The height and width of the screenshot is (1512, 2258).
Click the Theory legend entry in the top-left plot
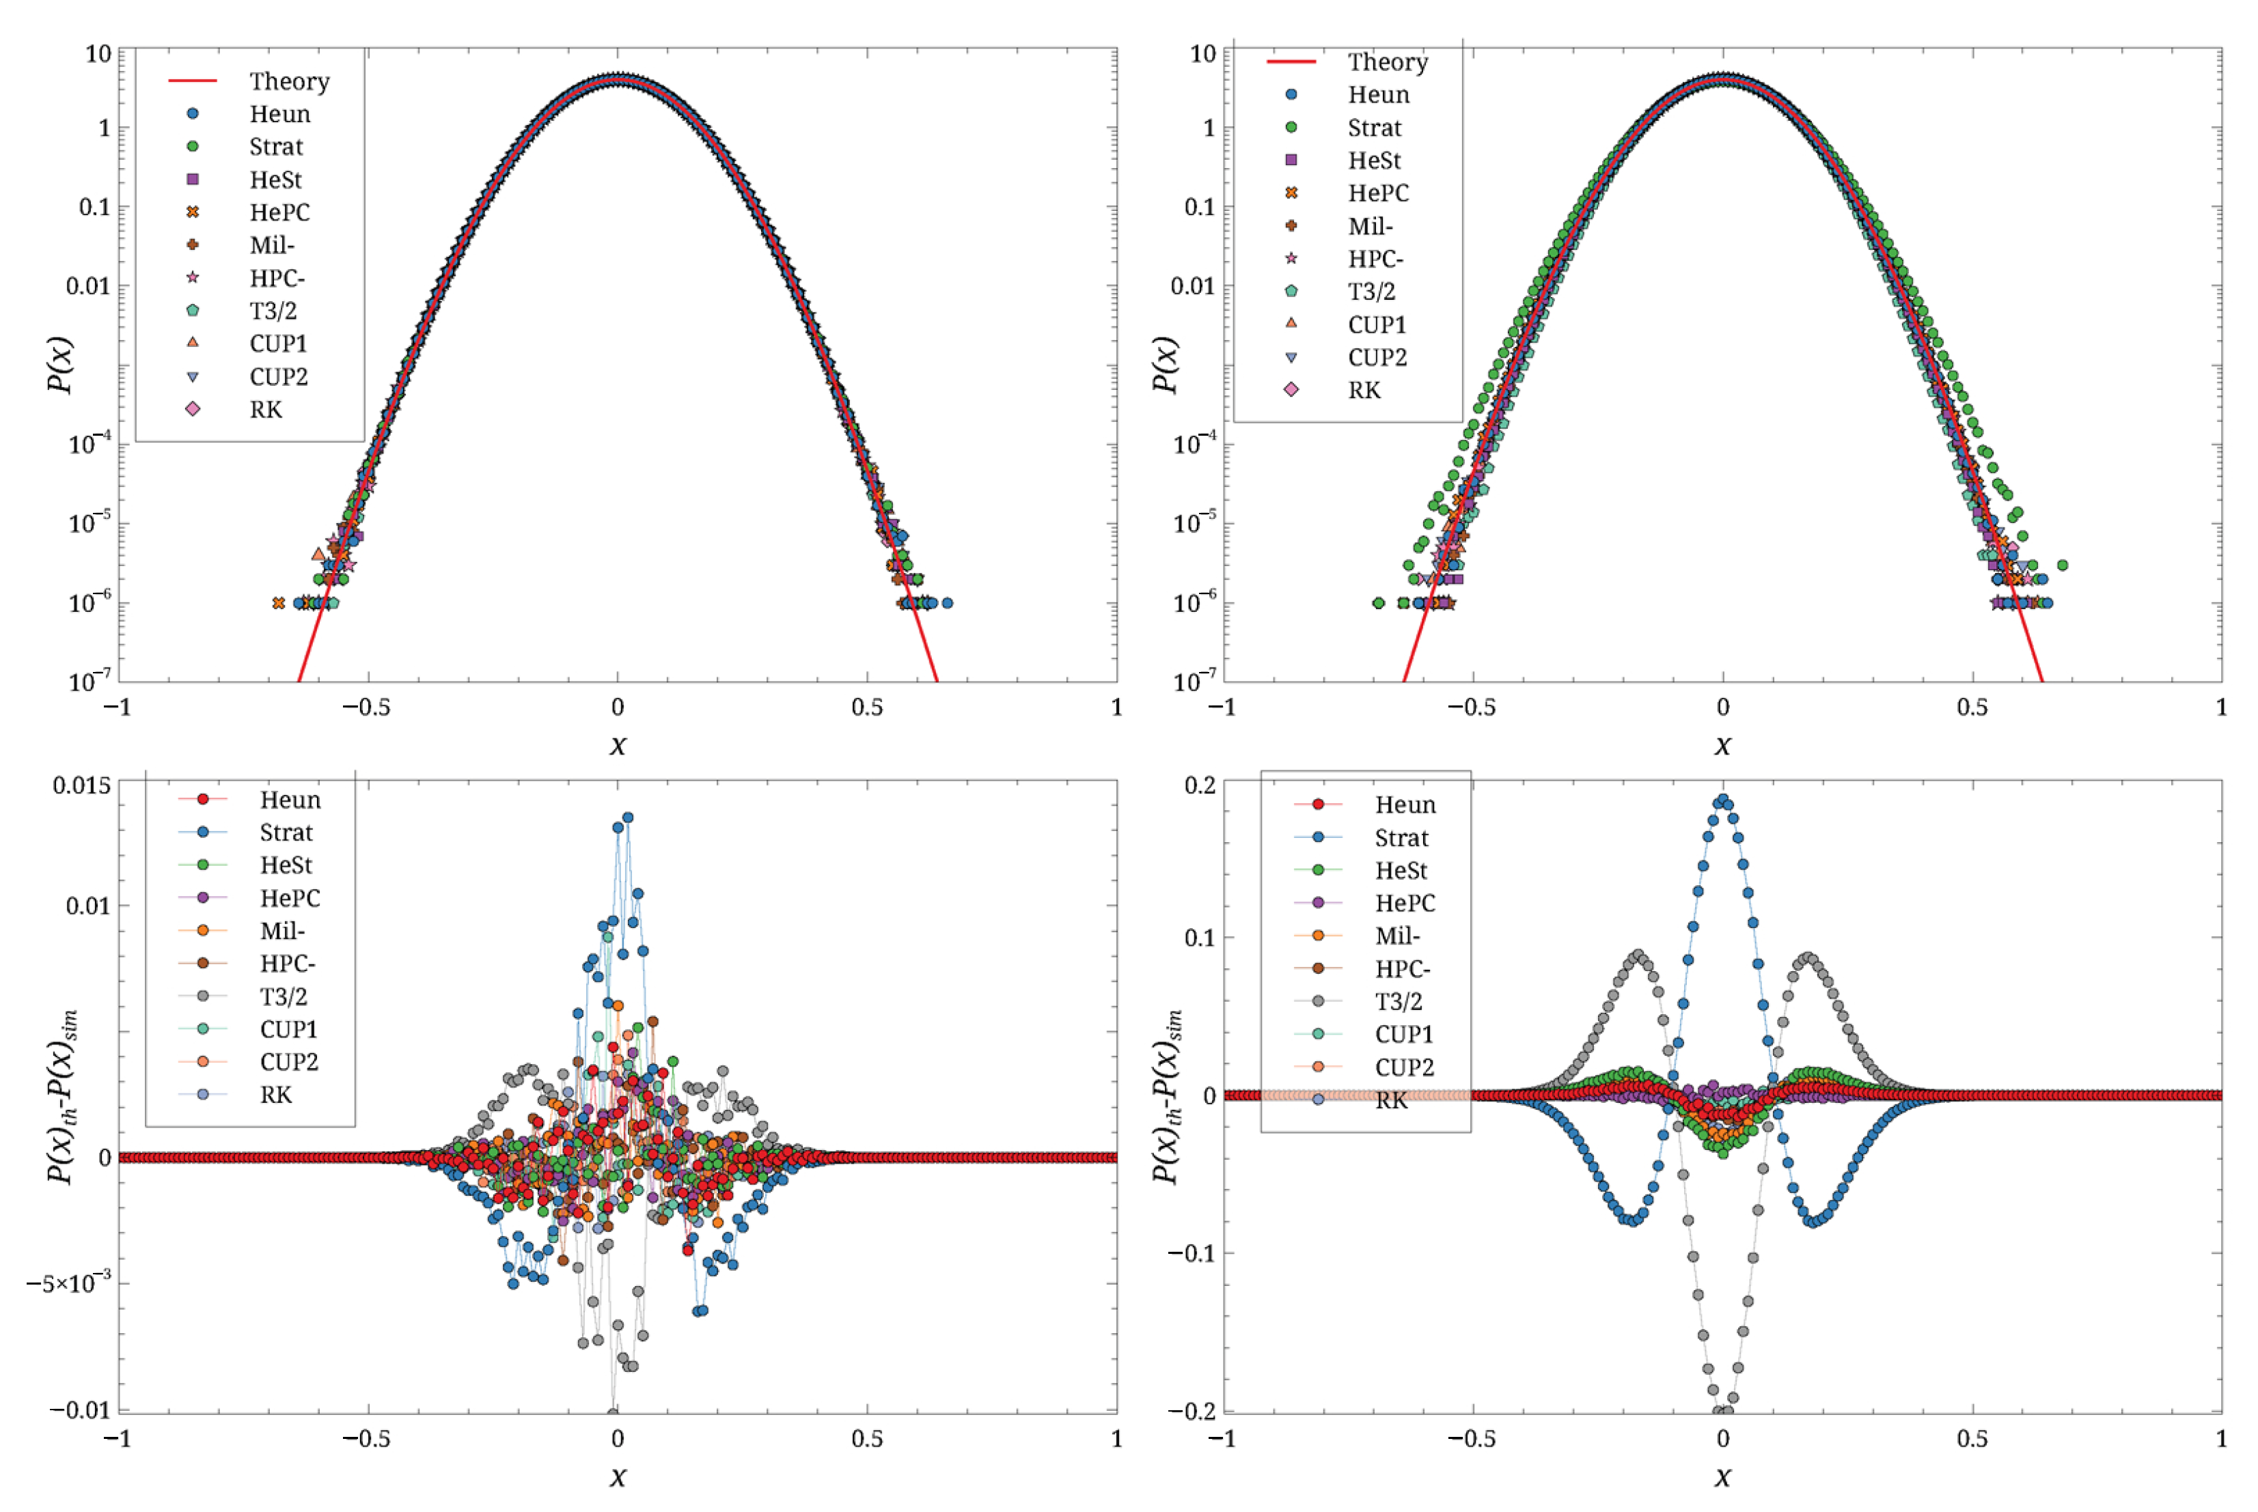[288, 81]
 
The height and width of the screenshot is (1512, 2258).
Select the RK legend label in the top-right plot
[1363, 391]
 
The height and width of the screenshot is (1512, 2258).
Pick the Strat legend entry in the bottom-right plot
[1401, 838]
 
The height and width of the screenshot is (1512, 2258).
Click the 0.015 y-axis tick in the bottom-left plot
[81, 785]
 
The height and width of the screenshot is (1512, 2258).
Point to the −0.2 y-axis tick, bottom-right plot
[1192, 1411]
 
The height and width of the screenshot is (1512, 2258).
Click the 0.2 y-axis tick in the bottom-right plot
[1199, 785]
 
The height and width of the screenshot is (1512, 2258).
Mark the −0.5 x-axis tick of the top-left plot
[366, 708]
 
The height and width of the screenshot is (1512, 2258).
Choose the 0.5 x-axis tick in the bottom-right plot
[1972, 1439]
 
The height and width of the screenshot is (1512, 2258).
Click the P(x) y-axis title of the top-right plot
[1165, 365]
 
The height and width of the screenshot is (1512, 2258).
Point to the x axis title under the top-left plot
[618, 745]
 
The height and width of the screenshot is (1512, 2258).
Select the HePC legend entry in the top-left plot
[279, 212]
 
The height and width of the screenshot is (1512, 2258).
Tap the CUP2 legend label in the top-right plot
[1377, 358]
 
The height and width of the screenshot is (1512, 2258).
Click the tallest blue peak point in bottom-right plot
[1722, 800]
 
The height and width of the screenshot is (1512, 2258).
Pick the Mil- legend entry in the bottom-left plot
[281, 931]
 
